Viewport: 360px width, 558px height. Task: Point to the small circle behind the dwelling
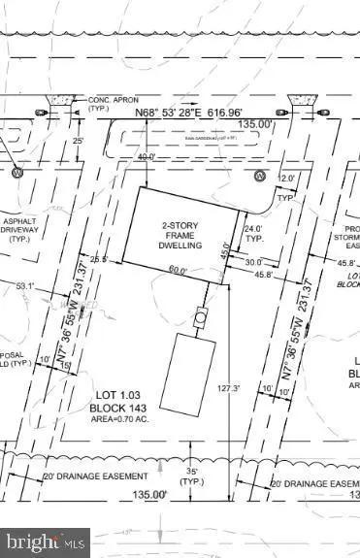pos(201,316)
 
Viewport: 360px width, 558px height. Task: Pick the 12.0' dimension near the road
pos(285,178)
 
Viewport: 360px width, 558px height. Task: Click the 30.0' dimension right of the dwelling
pos(253,262)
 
